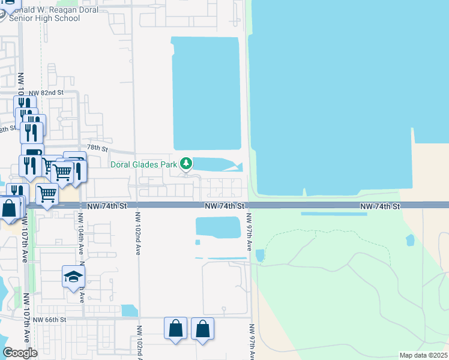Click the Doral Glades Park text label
pyautogui.click(x=143, y=164)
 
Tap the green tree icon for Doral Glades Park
pyautogui.click(x=186, y=163)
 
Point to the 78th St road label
pyautogui.click(x=97, y=148)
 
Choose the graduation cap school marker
pyautogui.click(x=73, y=277)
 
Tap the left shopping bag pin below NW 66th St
pyautogui.click(x=175, y=329)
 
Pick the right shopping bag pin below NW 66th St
pyautogui.click(x=202, y=329)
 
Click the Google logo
pyautogui.click(x=20, y=353)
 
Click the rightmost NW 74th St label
pyautogui.click(x=380, y=206)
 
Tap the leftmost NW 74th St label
pyautogui.click(x=107, y=206)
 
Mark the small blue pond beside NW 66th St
pyautogui.click(x=129, y=310)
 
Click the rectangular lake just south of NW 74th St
pyautogui.click(x=218, y=227)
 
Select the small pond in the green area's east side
pyautogui.click(x=410, y=240)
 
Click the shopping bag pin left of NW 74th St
pyautogui.click(x=9, y=209)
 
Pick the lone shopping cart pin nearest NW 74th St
pyautogui.click(x=47, y=195)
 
